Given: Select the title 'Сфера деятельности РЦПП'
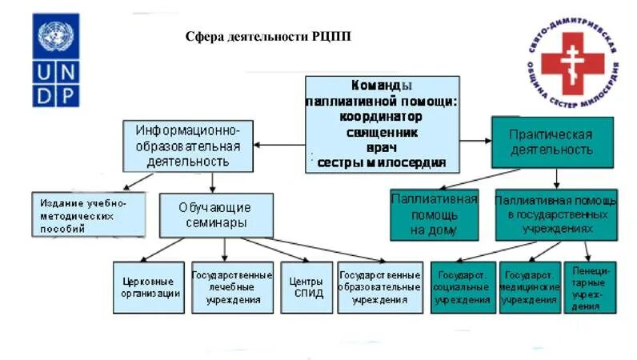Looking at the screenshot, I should (268, 37).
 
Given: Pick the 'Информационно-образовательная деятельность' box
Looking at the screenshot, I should (188, 145).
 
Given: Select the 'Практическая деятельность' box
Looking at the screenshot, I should (551, 142).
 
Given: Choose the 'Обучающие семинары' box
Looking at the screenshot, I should (216, 215).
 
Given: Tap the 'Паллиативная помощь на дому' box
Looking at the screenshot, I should (435, 214).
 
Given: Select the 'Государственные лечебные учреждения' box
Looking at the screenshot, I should (232, 286).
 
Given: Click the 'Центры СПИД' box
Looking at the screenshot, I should (307, 286).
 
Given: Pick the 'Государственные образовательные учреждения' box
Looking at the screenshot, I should (379, 286).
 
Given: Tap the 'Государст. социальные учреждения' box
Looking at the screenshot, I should (463, 286).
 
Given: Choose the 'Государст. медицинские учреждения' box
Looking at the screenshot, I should (529, 286).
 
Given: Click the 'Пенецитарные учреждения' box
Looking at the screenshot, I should (591, 286).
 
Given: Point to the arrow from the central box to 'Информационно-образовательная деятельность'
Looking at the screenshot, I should (279, 145).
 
